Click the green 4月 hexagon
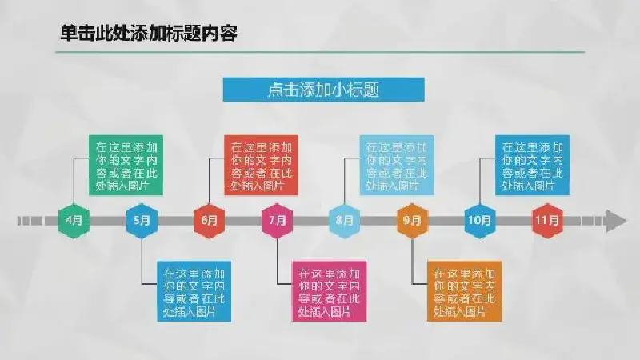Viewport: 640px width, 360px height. click(74, 221)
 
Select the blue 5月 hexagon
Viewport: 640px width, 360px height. click(142, 221)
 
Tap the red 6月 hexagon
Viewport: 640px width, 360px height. click(209, 221)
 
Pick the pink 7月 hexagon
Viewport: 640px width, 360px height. click(277, 221)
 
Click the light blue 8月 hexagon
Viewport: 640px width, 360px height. click(345, 221)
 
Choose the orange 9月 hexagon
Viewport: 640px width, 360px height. click(412, 221)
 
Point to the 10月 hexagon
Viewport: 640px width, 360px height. click(479, 221)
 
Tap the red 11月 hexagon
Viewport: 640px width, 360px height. click(547, 221)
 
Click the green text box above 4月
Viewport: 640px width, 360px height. click(126, 166)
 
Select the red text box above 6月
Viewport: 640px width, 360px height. click(262, 166)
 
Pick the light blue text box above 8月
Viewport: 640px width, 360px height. click(397, 166)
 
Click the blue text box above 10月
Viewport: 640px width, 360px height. click(532, 166)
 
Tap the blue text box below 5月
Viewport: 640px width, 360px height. click(194, 291)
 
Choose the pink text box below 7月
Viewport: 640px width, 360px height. click(329, 291)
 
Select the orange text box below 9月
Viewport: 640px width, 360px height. click(465, 291)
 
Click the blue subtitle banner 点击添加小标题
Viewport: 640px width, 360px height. click(324, 90)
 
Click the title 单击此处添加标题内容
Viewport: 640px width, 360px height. click(149, 34)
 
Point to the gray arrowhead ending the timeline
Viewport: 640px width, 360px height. click(616, 221)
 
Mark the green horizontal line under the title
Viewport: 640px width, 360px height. click(320, 52)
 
